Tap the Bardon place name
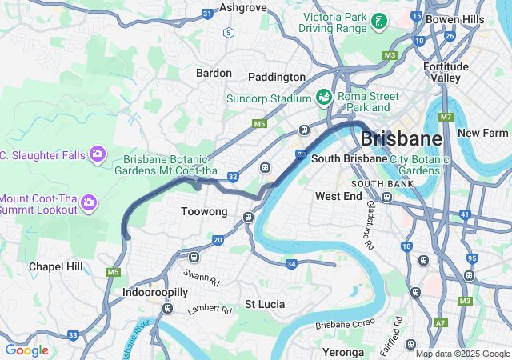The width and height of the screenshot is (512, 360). tap(214, 73)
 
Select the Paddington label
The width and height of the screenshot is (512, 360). tap(276, 77)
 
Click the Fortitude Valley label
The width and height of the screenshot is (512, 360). tap(446, 73)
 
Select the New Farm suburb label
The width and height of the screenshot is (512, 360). tap(483, 133)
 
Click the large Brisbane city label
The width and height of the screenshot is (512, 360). tap(401, 138)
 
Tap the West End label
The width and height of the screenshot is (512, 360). tap(338, 196)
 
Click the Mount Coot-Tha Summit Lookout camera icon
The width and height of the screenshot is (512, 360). tap(90, 204)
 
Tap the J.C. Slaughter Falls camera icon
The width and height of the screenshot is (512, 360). tap(98, 152)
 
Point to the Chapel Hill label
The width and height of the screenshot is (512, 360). tap(55, 266)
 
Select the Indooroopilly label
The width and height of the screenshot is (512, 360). tap(155, 293)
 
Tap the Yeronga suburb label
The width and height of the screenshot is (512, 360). tap(343, 351)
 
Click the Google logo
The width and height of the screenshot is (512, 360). tap(26, 350)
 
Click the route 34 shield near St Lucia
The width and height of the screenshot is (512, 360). tap(291, 264)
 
